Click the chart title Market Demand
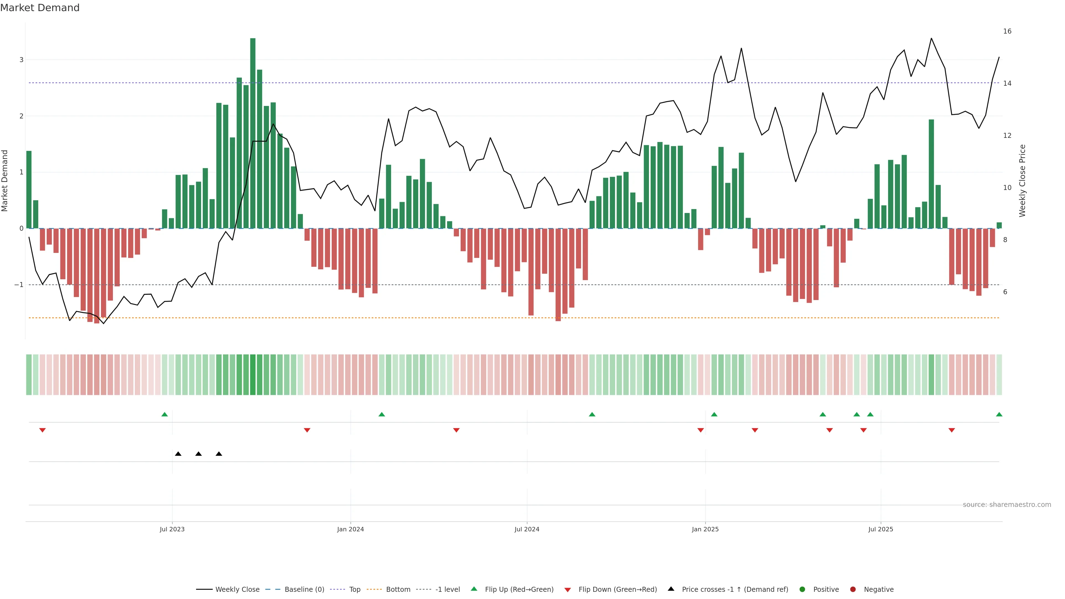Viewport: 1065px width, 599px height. (x=40, y=8)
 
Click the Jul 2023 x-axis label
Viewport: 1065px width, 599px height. (x=172, y=529)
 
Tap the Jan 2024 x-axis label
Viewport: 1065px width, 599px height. (x=350, y=529)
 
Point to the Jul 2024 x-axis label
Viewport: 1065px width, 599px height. (x=527, y=529)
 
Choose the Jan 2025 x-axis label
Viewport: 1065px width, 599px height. (x=705, y=529)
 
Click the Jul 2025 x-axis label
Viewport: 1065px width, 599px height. (x=881, y=529)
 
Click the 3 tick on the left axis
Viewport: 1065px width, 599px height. (x=22, y=60)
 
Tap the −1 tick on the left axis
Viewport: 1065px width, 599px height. (x=19, y=285)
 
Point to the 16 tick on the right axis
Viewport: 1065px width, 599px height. (x=1007, y=31)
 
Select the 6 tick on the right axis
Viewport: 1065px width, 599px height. (x=1005, y=292)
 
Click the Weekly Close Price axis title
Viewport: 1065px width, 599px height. (x=1022, y=181)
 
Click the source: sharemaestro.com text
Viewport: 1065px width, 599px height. (x=1007, y=505)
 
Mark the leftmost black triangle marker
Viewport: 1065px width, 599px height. (x=178, y=454)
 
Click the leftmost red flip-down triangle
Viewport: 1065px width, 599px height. (x=42, y=430)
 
